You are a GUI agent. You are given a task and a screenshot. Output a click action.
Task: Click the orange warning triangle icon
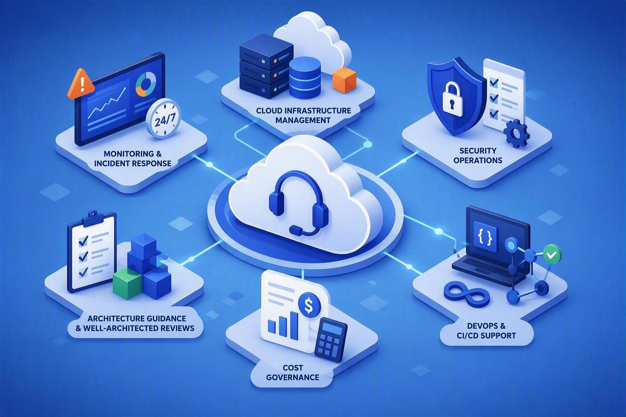pyautogui.click(x=81, y=84)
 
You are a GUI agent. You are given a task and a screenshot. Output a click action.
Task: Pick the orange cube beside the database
pyautogui.click(x=345, y=80)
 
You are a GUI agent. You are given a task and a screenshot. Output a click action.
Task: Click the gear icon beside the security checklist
pyautogui.click(x=516, y=134)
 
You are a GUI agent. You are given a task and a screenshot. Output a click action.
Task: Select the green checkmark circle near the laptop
pyautogui.click(x=551, y=255)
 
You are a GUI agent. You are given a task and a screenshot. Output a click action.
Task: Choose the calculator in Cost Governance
pyautogui.click(x=331, y=339)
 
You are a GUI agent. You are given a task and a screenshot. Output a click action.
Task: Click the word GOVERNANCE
pyautogui.click(x=292, y=377)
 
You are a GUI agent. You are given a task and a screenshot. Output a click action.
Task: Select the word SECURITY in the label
pyautogui.click(x=478, y=151)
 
